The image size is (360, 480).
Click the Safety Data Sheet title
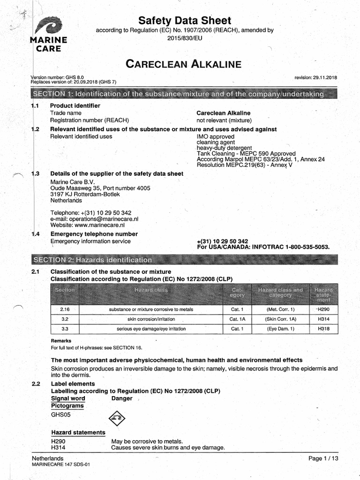(x=185, y=21)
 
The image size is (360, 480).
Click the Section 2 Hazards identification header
(x=92, y=259)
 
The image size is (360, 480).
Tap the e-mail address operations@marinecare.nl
(x=94, y=219)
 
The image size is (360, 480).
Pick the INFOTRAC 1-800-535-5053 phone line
(x=263, y=247)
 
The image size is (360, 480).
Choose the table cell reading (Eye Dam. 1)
(x=280, y=329)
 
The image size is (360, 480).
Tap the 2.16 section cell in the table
(x=64, y=309)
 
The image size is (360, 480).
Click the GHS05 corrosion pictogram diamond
(x=117, y=416)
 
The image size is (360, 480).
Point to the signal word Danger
(x=122, y=398)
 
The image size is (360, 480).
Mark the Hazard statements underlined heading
(x=78, y=432)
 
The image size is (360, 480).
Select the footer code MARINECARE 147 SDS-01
(x=60, y=464)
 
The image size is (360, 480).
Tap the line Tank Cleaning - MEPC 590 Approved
(x=246, y=153)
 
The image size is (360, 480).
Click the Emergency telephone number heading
(x=94, y=234)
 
